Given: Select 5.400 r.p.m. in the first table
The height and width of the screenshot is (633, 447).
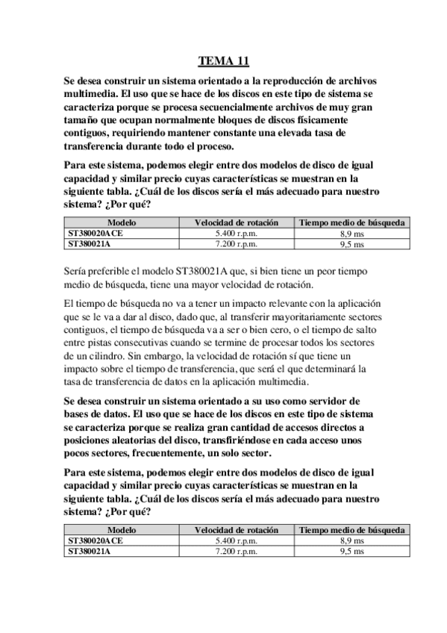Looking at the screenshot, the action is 235,234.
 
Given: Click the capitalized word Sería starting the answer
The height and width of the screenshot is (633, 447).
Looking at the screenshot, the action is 78,272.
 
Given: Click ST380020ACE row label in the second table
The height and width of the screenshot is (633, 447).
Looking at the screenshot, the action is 95,540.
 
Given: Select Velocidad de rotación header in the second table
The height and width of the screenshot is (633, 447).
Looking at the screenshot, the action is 236,530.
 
